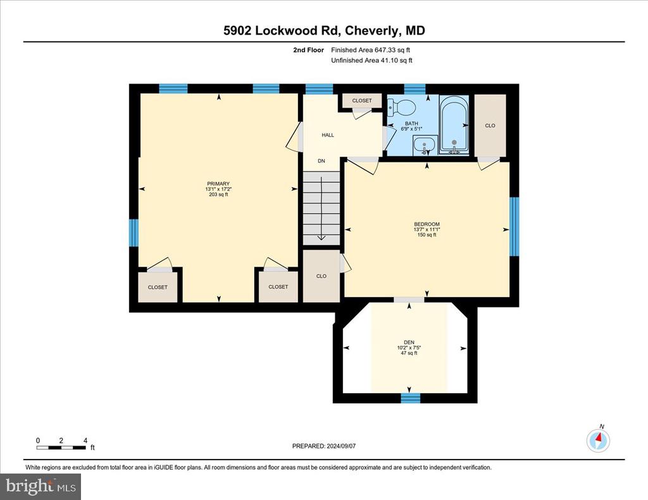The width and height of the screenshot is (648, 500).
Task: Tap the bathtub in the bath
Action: click(454, 125)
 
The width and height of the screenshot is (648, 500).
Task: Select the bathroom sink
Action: click(424, 145)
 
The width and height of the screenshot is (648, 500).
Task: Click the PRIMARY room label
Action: click(218, 184)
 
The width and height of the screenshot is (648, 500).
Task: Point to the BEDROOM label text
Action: click(427, 224)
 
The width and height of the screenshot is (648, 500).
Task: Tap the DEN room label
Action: click(409, 342)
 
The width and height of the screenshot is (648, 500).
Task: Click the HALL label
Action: click(328, 135)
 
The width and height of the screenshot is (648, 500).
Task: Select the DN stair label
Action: click(321, 161)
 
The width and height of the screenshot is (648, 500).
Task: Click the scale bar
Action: click(61, 447)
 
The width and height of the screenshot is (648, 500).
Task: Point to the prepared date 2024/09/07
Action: click(341, 446)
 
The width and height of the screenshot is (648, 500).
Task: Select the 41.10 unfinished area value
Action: click(390, 60)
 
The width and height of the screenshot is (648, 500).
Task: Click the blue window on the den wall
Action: click(411, 398)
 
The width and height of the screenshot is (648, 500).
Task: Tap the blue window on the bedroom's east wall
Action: click(514, 227)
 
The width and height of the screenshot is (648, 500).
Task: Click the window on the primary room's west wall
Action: click(134, 233)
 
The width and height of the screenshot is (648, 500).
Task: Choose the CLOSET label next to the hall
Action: click(362, 101)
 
